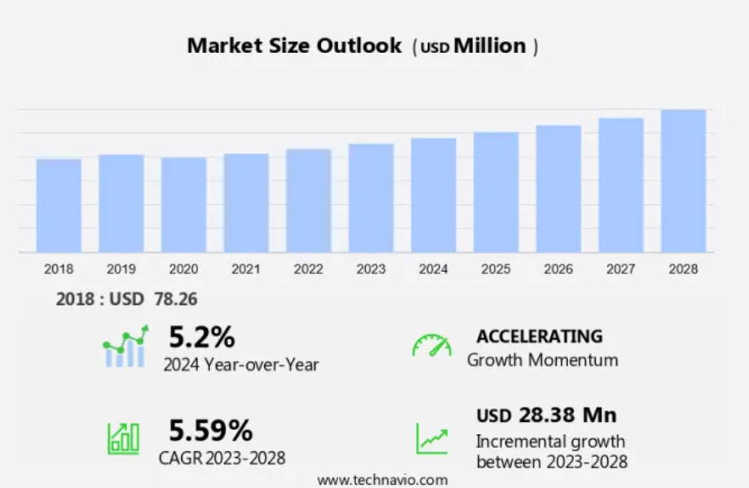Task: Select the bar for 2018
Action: [59, 206]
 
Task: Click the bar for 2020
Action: [183, 205]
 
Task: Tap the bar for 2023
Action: [371, 198]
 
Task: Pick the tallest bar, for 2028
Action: [683, 181]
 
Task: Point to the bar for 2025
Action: [496, 193]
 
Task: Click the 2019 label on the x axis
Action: [121, 268]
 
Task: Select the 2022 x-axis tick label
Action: [308, 268]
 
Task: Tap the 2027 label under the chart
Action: [620, 268]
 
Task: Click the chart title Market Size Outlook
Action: [294, 46]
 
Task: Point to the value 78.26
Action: [175, 299]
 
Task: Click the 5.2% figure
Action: [201, 336]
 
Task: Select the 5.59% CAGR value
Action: [210, 430]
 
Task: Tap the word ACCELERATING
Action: [540, 336]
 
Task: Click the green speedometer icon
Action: [431, 346]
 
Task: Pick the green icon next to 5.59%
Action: [123, 438]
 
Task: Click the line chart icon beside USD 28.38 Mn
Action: [431, 438]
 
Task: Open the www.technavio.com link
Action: [382, 479]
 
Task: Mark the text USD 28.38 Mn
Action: [546, 415]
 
